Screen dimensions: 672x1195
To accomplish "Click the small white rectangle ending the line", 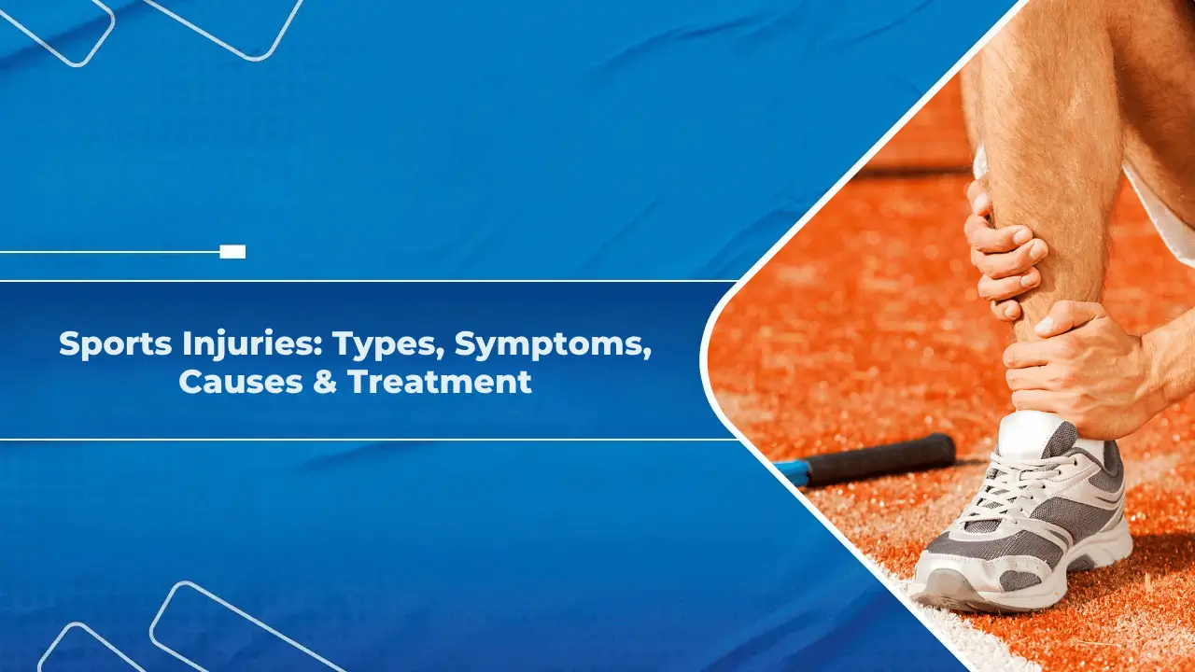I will (x=232, y=251).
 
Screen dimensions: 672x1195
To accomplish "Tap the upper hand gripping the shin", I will (x=1004, y=252).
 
